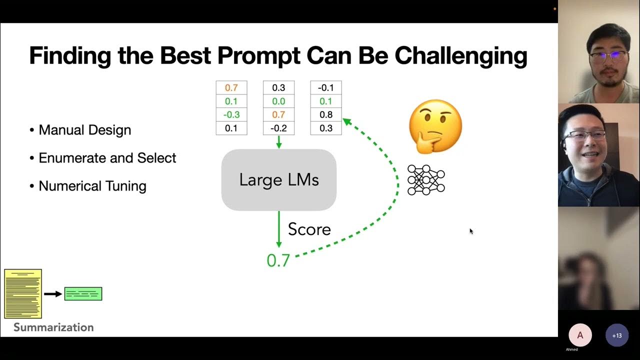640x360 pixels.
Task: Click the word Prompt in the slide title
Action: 258,55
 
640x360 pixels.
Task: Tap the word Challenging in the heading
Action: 460,55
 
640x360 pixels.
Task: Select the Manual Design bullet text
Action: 84,130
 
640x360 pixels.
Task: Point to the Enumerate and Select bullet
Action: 107,158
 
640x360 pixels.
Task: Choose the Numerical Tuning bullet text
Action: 92,186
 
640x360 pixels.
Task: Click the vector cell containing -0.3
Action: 231,114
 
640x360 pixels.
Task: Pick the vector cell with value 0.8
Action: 325,114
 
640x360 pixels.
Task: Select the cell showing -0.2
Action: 278,128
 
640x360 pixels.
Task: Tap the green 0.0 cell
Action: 278,101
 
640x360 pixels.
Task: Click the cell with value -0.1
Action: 325,87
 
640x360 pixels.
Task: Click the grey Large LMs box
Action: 278,180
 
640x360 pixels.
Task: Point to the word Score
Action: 309,229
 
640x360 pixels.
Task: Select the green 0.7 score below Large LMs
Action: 278,260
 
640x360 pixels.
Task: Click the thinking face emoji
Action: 435,126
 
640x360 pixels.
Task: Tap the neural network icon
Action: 426,180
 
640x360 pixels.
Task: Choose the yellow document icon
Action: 23,294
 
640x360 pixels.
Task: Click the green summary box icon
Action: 83,294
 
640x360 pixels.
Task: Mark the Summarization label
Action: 53,327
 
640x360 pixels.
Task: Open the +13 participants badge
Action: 616,335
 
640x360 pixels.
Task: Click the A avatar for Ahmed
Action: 580,335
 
